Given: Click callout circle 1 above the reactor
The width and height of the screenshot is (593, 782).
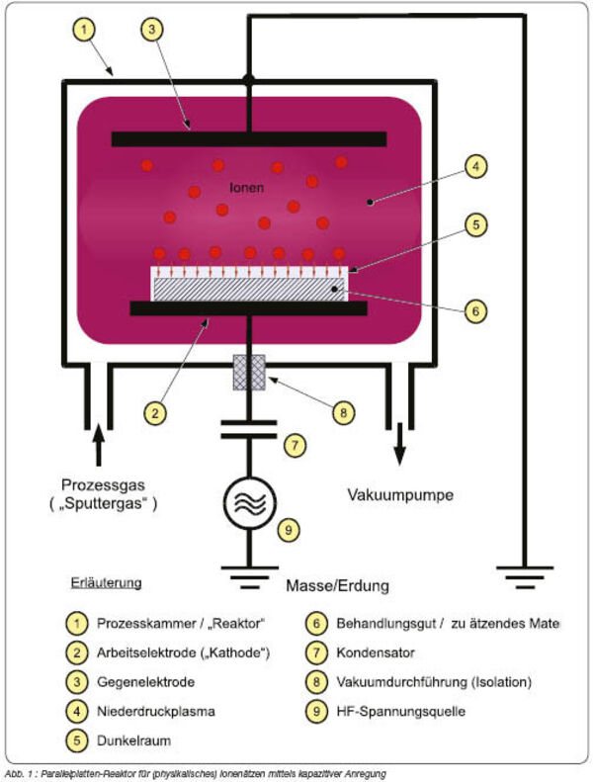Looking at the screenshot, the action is pos(83,30).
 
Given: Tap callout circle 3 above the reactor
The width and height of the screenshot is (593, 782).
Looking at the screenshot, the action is pos(151,30).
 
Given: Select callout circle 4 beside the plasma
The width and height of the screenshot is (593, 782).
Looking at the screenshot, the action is pos(475,166).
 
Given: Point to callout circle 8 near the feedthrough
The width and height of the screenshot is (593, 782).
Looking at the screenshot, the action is pos(343,413).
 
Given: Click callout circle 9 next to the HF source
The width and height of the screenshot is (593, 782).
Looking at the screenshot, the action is pos(289,530).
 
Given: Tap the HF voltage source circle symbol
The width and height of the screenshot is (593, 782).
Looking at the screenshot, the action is pos(249,503).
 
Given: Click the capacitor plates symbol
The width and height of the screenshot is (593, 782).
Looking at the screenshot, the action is pos(249,429).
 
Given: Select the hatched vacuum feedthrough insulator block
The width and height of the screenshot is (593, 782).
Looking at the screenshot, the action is pos(249,372).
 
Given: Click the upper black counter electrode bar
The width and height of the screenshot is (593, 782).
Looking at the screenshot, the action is pos(249,139).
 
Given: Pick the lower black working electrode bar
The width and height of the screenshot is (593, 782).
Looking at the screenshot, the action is pos(249,308).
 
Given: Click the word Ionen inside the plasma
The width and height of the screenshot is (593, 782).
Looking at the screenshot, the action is pos(247,188).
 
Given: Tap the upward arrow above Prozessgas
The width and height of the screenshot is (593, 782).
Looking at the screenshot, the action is pos(99,445).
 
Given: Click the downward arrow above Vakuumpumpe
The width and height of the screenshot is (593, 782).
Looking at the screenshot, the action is pos(399,444).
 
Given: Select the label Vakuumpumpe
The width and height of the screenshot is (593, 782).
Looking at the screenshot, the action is pos(400,495).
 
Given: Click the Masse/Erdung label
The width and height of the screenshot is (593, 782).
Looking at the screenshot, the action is pos(338,585).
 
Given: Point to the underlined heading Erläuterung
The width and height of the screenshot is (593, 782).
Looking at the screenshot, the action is pos(106,583).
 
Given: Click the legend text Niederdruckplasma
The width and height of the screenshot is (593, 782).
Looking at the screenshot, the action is pos(156,711).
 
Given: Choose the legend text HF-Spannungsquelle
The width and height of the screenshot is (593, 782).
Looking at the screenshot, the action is pos(401,711).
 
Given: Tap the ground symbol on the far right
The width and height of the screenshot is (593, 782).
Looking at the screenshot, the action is pos(525,577).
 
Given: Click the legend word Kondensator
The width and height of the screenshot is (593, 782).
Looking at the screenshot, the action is pos(376,652).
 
